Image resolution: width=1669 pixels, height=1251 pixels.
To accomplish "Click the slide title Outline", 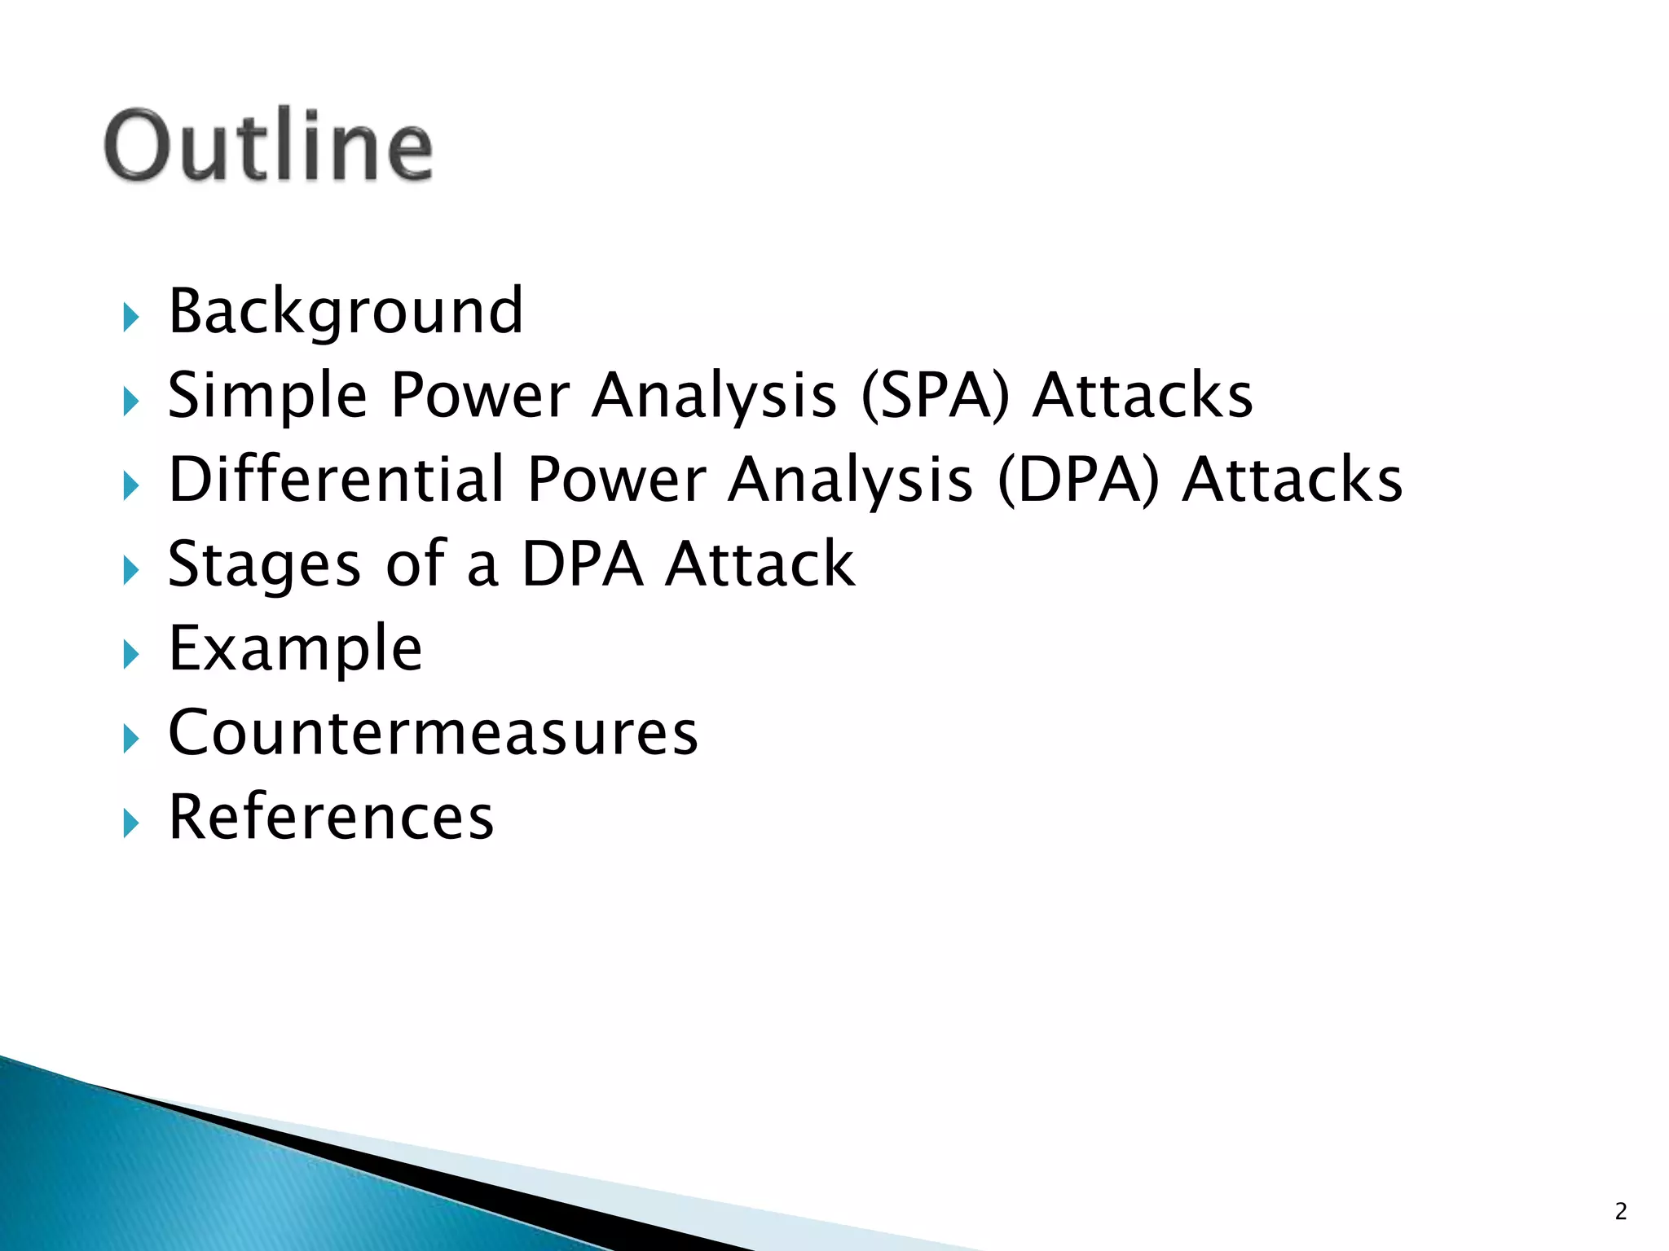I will tap(268, 146).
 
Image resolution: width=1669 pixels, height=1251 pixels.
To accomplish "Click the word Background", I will tap(346, 312).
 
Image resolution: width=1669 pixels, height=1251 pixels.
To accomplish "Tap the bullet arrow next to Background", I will tap(131, 317).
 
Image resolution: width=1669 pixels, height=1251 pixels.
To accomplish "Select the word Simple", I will tap(267, 396).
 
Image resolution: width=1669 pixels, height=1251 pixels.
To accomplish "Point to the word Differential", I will tap(336, 480).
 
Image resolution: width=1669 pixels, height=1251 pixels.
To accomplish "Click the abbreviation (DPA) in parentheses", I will tap(1078, 480).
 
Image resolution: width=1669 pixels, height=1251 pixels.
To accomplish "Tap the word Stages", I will tap(264, 564).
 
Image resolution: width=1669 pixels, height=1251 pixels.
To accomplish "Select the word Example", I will tap(295, 649).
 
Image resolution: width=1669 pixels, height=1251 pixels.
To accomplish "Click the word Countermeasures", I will tap(433, 732).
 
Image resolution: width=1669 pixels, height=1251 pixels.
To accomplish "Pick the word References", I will tap(331, 817).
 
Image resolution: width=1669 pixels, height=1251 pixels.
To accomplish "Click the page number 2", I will tap(1620, 1212).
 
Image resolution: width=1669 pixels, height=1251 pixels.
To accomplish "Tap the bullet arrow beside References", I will tap(131, 823).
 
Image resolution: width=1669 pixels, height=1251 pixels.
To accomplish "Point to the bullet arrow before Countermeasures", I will tap(131, 739).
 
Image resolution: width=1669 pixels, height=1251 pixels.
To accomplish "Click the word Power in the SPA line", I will tap(480, 396).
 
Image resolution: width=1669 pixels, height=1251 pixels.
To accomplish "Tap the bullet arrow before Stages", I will tap(131, 570).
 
